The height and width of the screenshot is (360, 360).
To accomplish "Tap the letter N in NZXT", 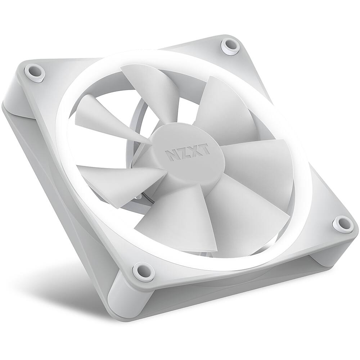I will pos(169,155).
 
